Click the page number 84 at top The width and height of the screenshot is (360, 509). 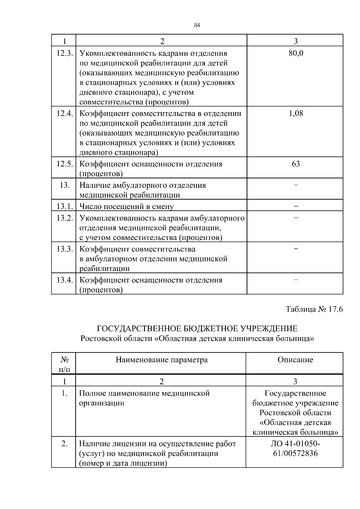(197, 25)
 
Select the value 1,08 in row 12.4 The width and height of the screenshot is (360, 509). (296, 113)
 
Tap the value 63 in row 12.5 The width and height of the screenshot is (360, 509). (296, 164)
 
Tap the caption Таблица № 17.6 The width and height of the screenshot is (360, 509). (314, 309)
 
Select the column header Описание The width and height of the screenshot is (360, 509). (295, 360)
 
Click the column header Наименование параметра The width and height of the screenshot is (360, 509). (161, 360)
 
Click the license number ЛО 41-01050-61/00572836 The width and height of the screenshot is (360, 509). (295, 448)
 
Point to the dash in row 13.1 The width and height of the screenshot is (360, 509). (296, 206)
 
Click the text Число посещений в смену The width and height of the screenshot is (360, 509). (126, 206)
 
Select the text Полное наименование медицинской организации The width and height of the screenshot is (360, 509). (144, 398)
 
